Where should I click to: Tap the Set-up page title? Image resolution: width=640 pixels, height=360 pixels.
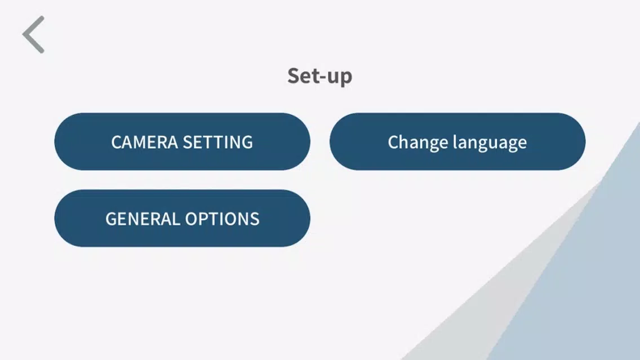click(319, 76)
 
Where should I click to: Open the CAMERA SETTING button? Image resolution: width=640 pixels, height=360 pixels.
click(182, 141)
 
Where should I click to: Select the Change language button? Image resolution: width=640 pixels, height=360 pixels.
click(457, 141)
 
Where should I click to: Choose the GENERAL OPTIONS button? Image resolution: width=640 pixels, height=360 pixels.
click(182, 219)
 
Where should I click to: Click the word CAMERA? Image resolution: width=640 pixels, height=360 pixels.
click(144, 142)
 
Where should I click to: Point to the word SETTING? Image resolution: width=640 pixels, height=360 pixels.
click(217, 142)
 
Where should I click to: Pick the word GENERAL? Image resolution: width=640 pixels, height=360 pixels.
click(143, 219)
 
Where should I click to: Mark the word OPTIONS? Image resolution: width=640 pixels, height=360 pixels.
click(223, 219)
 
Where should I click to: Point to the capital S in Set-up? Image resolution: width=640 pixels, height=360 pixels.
click(294, 76)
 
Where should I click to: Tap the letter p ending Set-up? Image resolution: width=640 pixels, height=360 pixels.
click(346, 79)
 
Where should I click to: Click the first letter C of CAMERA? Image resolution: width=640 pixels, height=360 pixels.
click(117, 142)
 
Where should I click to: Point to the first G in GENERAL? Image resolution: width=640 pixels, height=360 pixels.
click(112, 219)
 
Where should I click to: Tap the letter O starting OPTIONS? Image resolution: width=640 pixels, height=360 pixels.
click(192, 219)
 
